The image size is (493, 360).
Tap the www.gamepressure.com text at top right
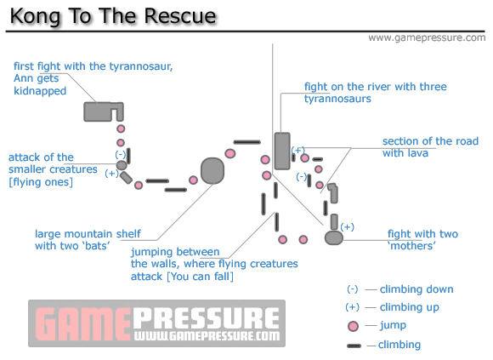[427, 38]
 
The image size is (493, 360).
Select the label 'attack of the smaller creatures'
[53, 169]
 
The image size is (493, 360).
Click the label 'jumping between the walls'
[214, 264]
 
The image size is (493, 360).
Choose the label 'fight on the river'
[375, 93]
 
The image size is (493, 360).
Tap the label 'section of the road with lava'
[430, 147]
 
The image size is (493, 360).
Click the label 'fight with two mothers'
[422, 240]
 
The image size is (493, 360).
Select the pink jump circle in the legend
[353, 326]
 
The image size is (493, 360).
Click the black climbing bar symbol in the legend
[354, 346]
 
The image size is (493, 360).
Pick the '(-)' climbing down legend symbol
[353, 289]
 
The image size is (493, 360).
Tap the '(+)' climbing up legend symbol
[353, 307]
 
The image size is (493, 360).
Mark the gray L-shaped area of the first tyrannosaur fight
[100, 111]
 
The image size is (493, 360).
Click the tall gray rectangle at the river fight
[281, 151]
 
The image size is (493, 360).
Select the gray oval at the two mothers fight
[333, 238]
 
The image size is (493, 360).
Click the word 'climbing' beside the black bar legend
[399, 345]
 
